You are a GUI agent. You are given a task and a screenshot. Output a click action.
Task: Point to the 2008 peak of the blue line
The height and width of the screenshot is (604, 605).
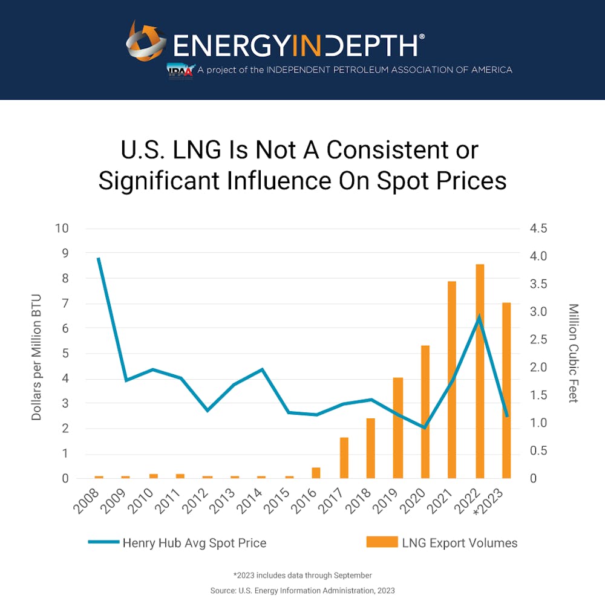pos(99,258)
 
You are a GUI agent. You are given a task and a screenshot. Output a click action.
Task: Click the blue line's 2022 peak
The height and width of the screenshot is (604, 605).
pos(479,316)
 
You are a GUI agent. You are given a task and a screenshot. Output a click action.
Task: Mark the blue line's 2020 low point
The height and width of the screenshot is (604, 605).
pos(425,427)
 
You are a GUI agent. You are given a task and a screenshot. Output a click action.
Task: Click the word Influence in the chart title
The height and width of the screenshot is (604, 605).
pos(285,181)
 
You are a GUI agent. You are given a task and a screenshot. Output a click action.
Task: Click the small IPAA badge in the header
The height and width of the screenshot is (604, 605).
pos(180,70)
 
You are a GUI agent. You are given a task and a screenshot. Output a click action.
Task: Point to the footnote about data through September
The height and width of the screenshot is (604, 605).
pos(302,575)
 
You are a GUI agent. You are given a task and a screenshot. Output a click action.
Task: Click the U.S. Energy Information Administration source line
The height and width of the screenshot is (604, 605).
pos(302,589)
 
